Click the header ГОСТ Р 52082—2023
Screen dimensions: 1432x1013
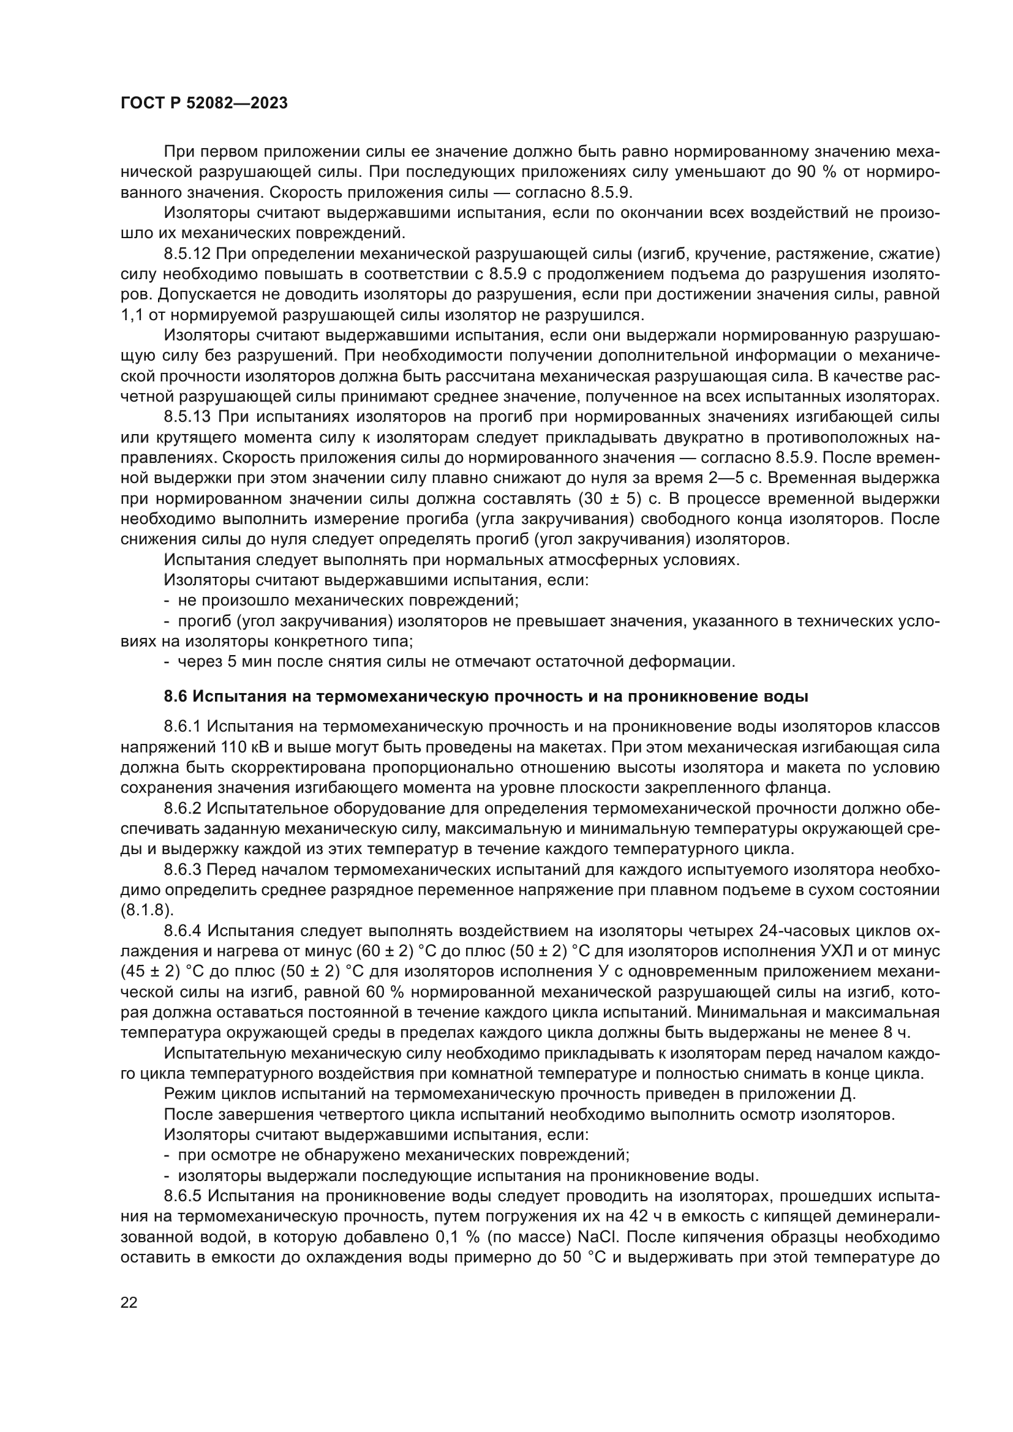pyautogui.click(x=204, y=103)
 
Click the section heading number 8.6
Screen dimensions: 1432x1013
pyautogui.click(x=176, y=696)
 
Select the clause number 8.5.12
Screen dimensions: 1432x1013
pyautogui.click(x=188, y=254)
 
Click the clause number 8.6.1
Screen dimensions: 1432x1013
pyautogui.click(x=183, y=727)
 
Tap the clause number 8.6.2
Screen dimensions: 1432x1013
pyautogui.click(x=183, y=809)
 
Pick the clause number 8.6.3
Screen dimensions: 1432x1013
pyautogui.click(x=183, y=870)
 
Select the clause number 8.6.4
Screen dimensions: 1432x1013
pyautogui.click(x=183, y=931)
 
